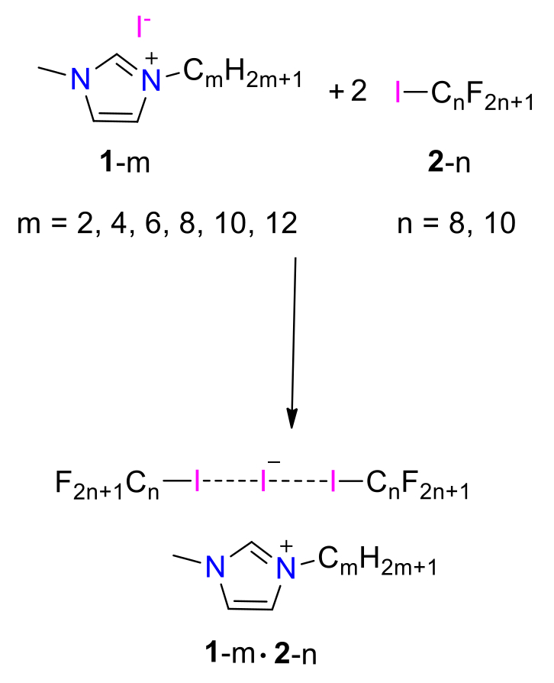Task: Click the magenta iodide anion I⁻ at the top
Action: pos(142,29)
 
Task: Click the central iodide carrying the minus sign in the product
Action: pos(265,483)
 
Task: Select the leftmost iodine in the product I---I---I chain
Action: pos(197,484)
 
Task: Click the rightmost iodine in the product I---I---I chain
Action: pos(333,484)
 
